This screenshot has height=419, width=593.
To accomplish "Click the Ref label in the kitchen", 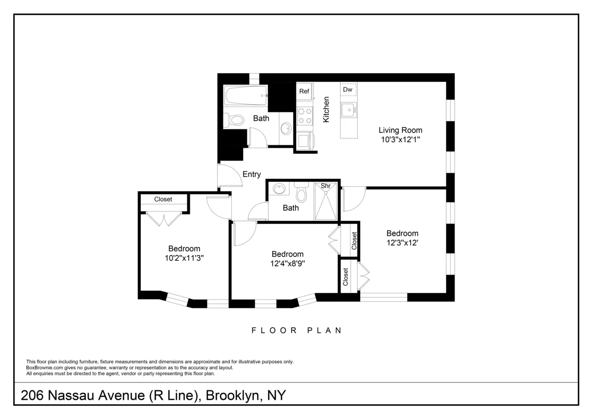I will coord(304,91).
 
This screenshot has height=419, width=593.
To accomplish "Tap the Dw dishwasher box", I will coord(348,89).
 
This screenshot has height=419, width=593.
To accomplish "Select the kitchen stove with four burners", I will coord(304,116).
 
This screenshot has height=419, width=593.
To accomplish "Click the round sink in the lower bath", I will coord(280,189).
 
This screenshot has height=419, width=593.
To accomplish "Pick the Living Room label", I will coord(400,130).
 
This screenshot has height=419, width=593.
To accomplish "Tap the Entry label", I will coord(252,174).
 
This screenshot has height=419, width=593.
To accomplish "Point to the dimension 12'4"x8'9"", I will coord(287,263).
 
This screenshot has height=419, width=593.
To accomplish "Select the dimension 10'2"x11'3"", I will coord(184,258).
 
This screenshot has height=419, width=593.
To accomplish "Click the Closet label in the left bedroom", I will coord(163,200).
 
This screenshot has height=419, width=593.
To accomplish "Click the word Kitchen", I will coord(326,109).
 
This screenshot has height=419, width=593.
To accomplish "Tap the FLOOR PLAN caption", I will coord(296,331).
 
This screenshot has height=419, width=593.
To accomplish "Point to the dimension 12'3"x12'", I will coord(402,243).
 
